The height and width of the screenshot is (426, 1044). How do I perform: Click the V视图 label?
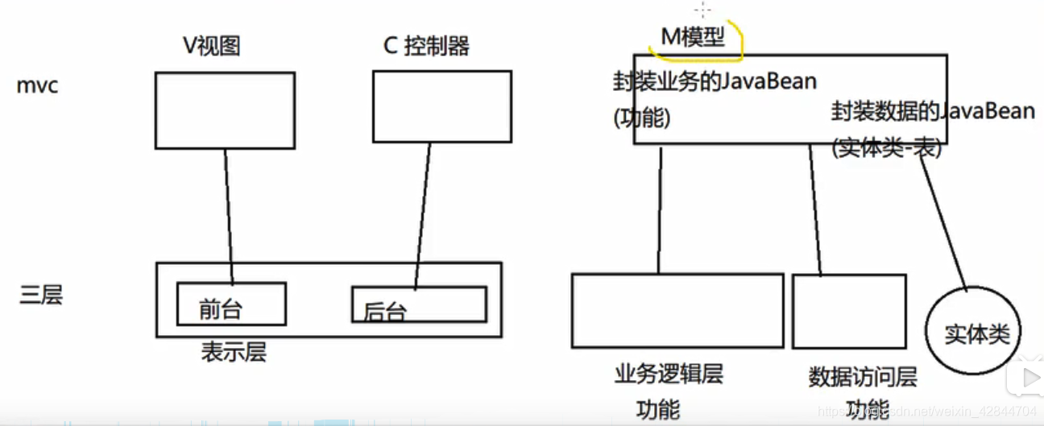tap(211, 46)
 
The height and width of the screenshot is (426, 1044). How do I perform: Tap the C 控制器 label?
tap(426, 46)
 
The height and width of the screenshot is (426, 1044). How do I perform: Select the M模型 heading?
tap(692, 37)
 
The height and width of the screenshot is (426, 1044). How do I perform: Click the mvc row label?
tap(37, 85)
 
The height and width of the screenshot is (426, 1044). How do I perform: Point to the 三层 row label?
tap(40, 295)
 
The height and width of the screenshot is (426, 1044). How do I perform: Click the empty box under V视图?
tap(225, 110)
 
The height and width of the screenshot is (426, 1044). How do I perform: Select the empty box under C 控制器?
tap(441, 106)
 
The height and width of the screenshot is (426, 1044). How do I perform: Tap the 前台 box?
tap(231, 303)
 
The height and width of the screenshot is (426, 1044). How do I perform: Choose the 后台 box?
tap(419, 304)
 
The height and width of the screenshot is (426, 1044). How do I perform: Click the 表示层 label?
tap(234, 352)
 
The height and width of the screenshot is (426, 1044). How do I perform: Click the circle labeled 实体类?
tap(976, 334)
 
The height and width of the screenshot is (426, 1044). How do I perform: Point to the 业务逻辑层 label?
tap(669, 374)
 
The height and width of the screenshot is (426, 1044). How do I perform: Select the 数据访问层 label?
tap(862, 377)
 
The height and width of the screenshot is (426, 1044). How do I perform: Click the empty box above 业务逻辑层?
tap(677, 310)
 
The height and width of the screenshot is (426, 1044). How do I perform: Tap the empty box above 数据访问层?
tap(849, 311)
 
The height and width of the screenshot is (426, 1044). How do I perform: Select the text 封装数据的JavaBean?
tap(933, 112)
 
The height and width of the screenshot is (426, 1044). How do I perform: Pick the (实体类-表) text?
tap(886, 148)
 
